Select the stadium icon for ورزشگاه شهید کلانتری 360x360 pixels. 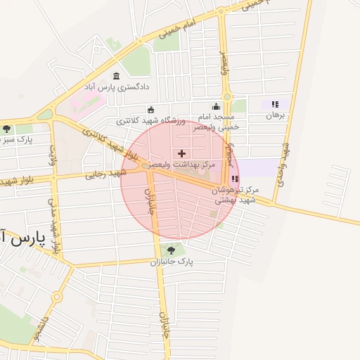coord(151,109)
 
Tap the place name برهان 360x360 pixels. coord(276,115)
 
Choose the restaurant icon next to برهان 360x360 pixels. coord(275,104)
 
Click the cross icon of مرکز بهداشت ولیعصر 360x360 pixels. coord(182,153)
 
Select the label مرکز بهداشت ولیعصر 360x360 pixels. coord(188,164)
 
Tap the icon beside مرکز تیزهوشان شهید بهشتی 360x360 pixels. coord(234,179)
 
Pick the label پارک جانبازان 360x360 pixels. coord(171,261)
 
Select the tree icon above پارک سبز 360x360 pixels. coord(7,129)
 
